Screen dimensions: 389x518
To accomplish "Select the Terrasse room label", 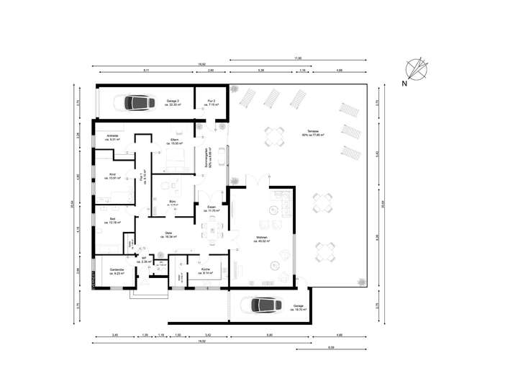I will point(313,134).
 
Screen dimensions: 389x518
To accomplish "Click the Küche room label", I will point(206,272).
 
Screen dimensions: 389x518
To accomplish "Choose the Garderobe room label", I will point(117,272).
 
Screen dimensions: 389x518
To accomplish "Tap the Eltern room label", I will point(174,141).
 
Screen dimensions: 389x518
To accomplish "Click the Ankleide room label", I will point(112,137).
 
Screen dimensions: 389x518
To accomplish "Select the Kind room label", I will point(112,176).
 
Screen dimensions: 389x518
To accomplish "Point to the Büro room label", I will point(173,203).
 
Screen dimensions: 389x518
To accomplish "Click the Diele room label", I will point(168,234).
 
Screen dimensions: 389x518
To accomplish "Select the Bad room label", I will point(112,220).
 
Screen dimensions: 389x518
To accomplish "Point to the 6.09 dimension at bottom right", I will point(330,347).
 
